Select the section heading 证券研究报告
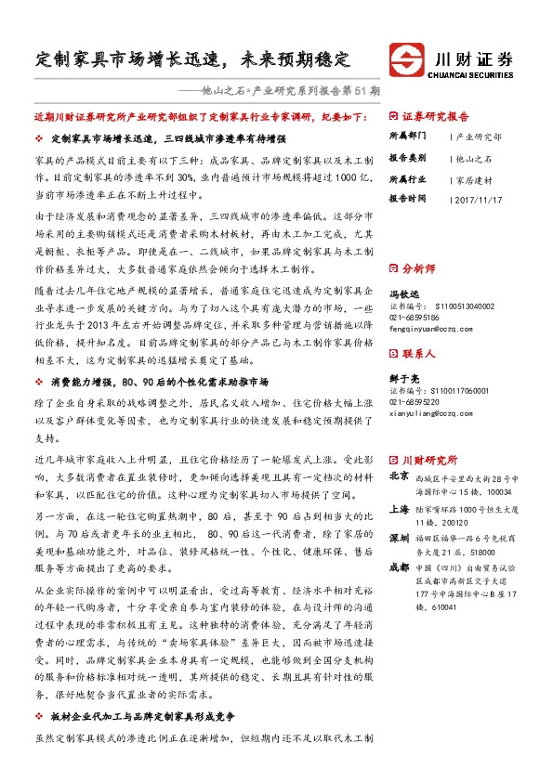click(x=435, y=117)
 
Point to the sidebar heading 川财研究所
click(x=429, y=458)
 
